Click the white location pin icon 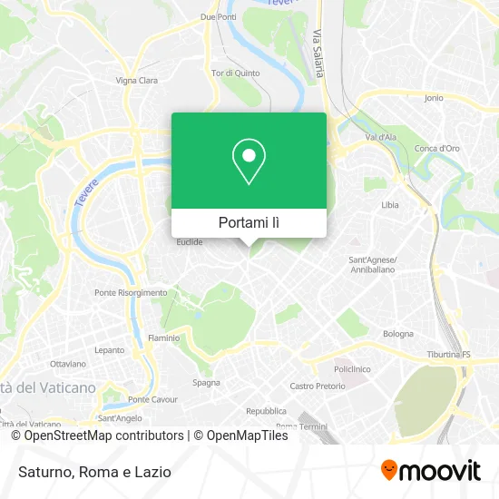[249, 161]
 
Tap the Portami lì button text [249, 222]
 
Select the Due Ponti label [218, 17]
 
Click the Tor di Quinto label [235, 73]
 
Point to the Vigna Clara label [137, 80]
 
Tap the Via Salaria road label [318, 54]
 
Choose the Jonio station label [434, 97]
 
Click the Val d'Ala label [381, 137]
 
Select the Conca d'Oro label [437, 148]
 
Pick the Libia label [389, 205]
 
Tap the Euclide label [190, 242]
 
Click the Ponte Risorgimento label [131, 292]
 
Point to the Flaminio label [163, 338]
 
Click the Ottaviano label [68, 364]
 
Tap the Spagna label [206, 382]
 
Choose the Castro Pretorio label [318, 386]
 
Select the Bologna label [397, 333]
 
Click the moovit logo [430, 470]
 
